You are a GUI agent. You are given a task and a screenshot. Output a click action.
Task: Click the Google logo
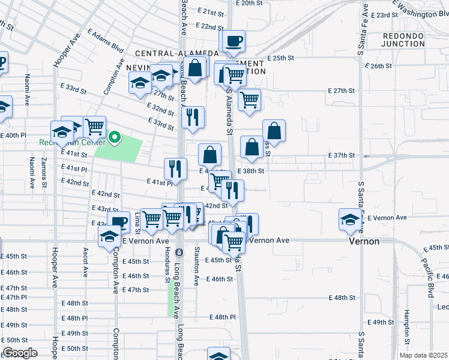pyautogui.click(x=19, y=353)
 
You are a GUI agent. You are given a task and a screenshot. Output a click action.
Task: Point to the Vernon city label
pyautogui.click(x=364, y=241)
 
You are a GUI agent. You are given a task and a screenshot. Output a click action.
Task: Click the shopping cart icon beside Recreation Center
pyautogui.click(x=95, y=127)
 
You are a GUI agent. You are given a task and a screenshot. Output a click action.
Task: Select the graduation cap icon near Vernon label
pyautogui.click(x=350, y=218)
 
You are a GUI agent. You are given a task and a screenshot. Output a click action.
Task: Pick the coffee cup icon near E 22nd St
pyautogui.click(x=234, y=41)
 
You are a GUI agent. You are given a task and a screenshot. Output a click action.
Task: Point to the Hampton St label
pyautogui.click(x=406, y=325)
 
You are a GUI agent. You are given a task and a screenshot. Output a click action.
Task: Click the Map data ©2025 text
pyautogui.click(x=424, y=355)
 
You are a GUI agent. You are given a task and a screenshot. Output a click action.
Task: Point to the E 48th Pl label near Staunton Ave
pyautogui.click(x=223, y=317)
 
